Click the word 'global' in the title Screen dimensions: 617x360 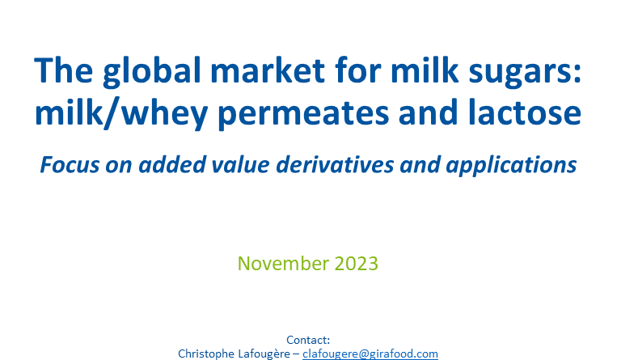pos(153,73)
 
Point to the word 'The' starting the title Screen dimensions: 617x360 pos(64,70)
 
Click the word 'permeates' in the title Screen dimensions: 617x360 pos(303,113)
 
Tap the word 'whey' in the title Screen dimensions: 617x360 pos(164,114)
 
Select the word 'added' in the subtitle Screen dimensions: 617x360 pos(172,164)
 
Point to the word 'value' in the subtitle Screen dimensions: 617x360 pos(240,164)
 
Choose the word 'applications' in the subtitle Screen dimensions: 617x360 pos(511,165)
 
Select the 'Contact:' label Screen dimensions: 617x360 pos(308,340)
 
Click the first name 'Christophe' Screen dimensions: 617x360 pos(206,354)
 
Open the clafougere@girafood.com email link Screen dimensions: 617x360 pos(370,354)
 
